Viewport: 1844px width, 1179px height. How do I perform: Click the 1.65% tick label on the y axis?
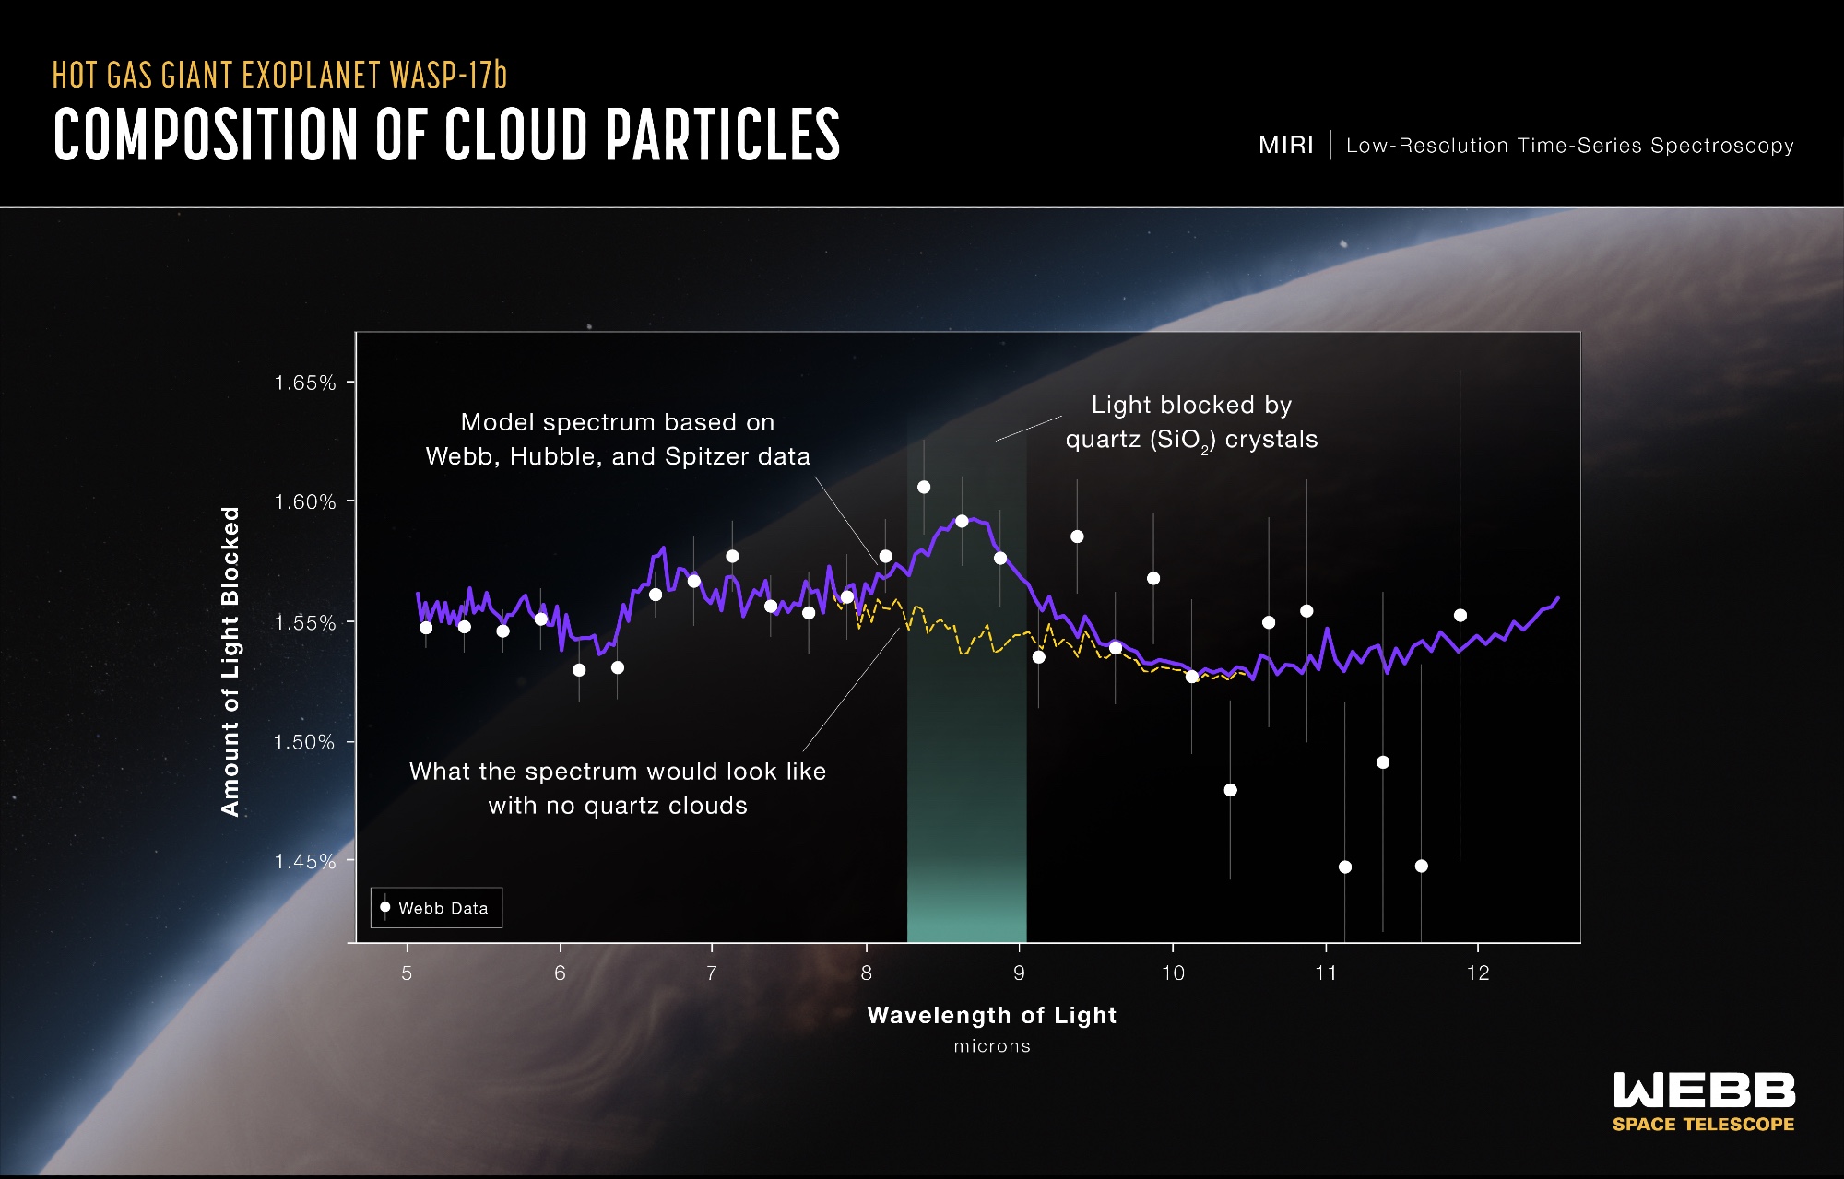pyautogui.click(x=304, y=383)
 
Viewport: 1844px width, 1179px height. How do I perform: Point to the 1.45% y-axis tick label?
pyautogui.click(x=304, y=861)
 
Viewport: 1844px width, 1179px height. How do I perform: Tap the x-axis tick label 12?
pyautogui.click(x=1478, y=973)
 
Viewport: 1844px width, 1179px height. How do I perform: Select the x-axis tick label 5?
pyautogui.click(x=407, y=973)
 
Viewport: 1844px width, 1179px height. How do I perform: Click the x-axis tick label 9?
pyautogui.click(x=1019, y=973)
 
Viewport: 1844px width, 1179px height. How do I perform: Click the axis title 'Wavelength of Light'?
pyautogui.click(x=992, y=1016)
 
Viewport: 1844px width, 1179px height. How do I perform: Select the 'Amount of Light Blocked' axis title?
pyautogui.click(x=230, y=661)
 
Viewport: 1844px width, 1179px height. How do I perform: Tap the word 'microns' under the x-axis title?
pyautogui.click(x=992, y=1046)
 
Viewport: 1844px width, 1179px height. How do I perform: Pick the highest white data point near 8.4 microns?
pyautogui.click(x=924, y=487)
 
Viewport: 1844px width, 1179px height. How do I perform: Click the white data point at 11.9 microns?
pyautogui.click(x=1460, y=615)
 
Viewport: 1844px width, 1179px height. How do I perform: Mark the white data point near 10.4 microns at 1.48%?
pyautogui.click(x=1230, y=790)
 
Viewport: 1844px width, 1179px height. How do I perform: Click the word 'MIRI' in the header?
pyautogui.click(x=1286, y=146)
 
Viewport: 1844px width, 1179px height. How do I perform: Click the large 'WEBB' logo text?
pyautogui.click(x=1704, y=1091)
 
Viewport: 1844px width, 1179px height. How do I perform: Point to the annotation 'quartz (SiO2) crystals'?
pyautogui.click(x=1191, y=440)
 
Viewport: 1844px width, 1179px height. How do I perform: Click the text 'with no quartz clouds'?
pyautogui.click(x=618, y=806)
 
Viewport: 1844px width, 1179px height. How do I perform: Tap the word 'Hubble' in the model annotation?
pyautogui.click(x=552, y=456)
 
